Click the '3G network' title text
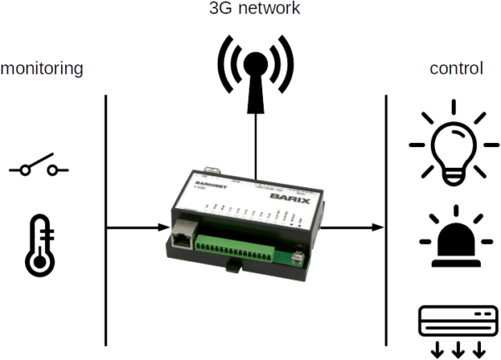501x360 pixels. click(254, 9)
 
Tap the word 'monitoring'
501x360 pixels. click(42, 68)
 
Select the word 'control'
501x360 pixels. click(456, 68)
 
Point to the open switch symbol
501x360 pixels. click(38, 169)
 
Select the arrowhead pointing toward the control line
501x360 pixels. click(377, 226)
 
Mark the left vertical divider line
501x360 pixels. click(106, 217)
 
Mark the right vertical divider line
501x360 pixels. click(385, 217)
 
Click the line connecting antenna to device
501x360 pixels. click(256, 142)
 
